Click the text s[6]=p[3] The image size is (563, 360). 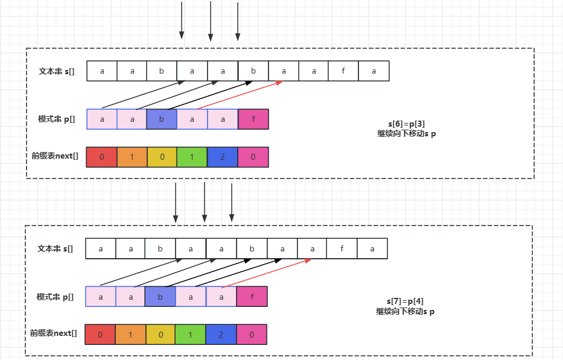[406, 124]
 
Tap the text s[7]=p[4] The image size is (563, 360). [404, 301]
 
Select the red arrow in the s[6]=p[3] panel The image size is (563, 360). [240, 95]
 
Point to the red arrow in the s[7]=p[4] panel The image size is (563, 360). [267, 273]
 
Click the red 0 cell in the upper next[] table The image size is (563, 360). [101, 157]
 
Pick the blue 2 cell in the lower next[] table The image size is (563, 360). [221, 335]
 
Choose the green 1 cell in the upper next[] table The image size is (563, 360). [192, 157]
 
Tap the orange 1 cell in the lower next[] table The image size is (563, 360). [130, 335]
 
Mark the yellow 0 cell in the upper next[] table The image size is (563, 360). [162, 157]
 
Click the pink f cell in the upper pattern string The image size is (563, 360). [253, 119]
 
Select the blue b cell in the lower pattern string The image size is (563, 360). [161, 297]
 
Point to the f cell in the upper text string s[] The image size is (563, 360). [344, 71]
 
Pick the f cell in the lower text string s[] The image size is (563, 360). [342, 248]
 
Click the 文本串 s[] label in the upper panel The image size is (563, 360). [57, 71]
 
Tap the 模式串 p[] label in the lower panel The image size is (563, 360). [55, 297]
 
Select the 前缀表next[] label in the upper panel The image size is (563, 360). [55, 156]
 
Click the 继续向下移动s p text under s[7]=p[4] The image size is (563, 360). [405, 312]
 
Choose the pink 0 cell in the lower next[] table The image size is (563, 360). [252, 335]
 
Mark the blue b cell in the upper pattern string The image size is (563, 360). [162, 119]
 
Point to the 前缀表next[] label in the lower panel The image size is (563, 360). [54, 333]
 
